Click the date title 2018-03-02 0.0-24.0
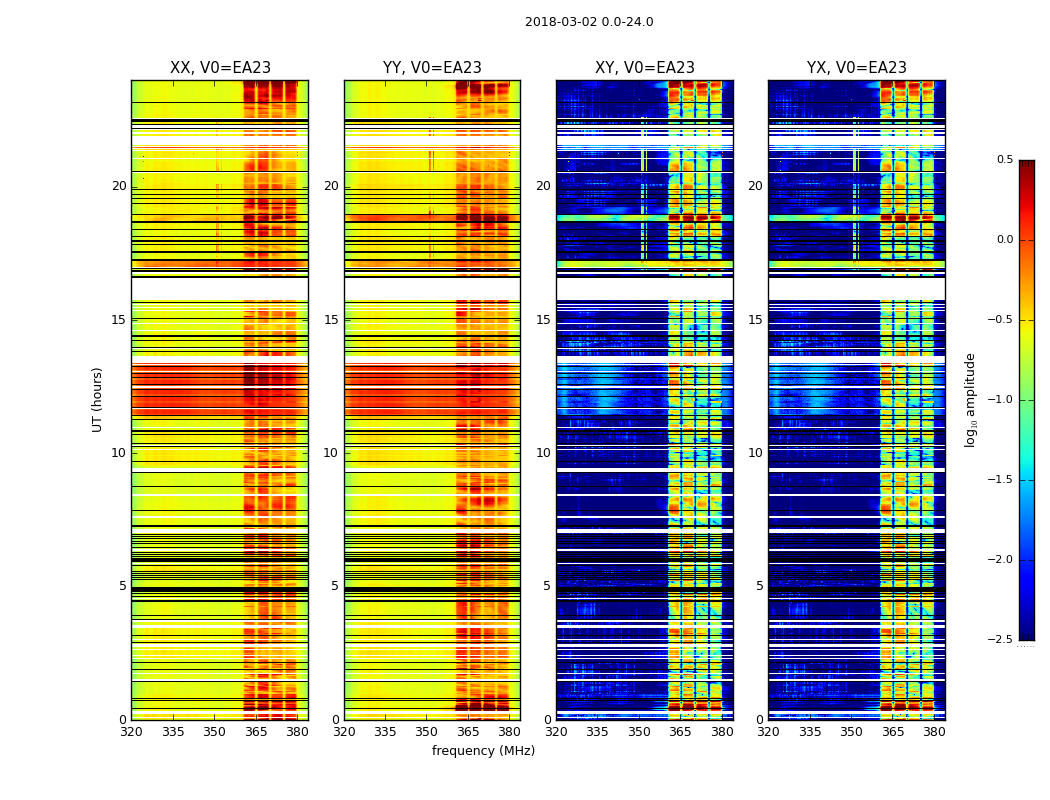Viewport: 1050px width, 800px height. [589, 22]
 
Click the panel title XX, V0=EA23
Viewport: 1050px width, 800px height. [220, 68]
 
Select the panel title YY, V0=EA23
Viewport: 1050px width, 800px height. [432, 68]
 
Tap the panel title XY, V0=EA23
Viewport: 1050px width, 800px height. [645, 68]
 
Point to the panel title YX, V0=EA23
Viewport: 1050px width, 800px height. [857, 68]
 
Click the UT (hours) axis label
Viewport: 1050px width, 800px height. [98, 399]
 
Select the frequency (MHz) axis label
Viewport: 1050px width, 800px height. [483, 751]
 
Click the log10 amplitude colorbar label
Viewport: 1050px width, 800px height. [970, 399]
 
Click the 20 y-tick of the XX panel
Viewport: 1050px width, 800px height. [119, 186]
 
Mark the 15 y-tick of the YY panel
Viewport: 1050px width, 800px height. [331, 320]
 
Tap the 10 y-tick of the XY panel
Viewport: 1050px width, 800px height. [543, 453]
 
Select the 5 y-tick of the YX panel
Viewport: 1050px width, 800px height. [759, 586]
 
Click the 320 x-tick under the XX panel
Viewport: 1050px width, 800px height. [131, 732]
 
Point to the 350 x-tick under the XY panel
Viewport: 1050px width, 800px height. [639, 732]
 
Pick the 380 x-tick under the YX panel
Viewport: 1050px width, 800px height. [934, 732]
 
